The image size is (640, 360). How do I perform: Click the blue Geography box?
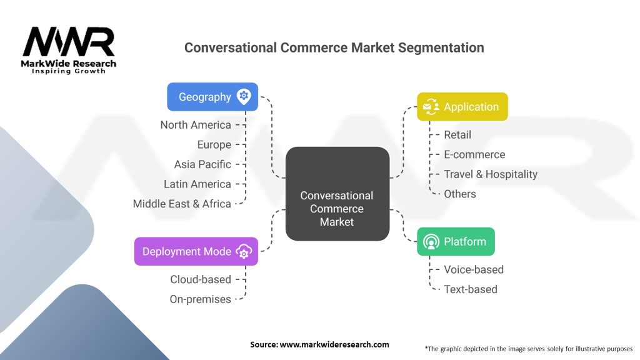point(212,97)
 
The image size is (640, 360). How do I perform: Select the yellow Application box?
point(462,106)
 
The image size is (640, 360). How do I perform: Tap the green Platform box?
point(456,242)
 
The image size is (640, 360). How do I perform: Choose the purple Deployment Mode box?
point(196,251)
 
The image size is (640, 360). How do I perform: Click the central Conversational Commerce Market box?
point(337,194)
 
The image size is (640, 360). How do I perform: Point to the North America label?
point(196,125)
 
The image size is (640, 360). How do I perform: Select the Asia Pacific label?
point(202,164)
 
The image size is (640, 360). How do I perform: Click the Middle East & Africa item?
point(182,204)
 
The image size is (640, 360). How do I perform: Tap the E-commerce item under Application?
point(474,154)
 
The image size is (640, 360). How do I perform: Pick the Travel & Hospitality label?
point(491,174)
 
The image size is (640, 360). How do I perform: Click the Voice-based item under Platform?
point(474,269)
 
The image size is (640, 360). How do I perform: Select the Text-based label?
point(470,289)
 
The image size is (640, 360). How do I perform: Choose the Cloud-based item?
point(201,279)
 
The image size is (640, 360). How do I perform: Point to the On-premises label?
point(200,299)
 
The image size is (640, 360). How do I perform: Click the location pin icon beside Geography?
point(244,97)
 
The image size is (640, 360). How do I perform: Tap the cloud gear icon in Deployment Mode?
point(244,251)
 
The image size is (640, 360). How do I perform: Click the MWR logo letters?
point(69,41)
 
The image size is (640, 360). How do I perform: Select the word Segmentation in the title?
point(441,47)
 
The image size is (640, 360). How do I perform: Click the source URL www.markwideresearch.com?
point(334,344)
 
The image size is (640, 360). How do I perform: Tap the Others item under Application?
point(459,194)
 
